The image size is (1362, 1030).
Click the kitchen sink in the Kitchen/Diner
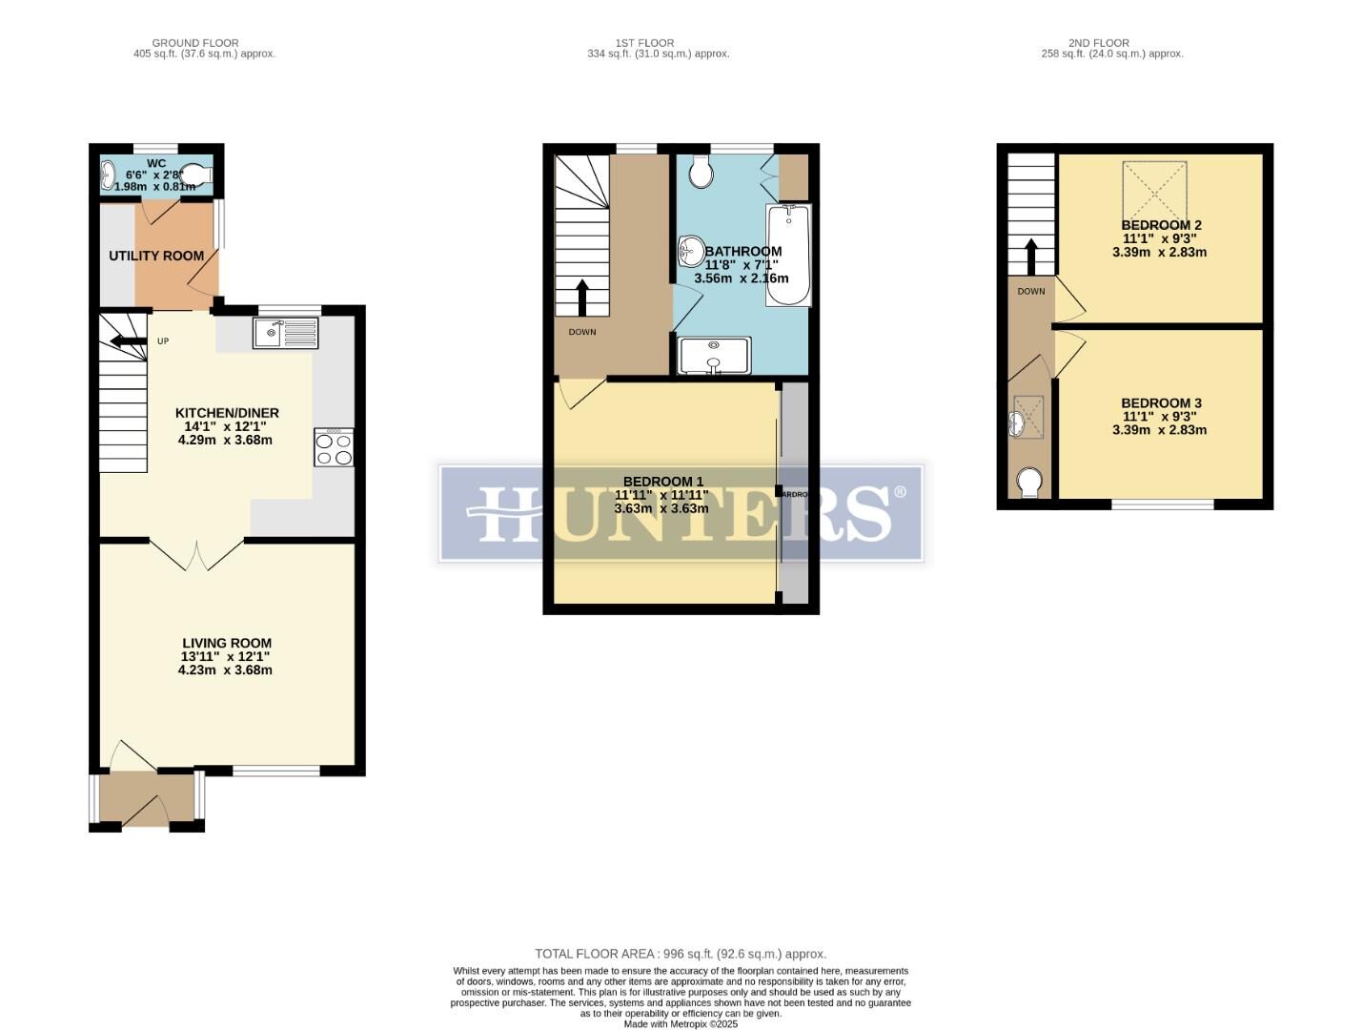point(285,333)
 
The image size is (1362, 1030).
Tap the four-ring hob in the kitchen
point(334,447)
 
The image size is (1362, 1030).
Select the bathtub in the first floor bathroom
point(787,255)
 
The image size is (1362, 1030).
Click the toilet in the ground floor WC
point(195,174)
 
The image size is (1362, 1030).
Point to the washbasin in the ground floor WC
point(108,174)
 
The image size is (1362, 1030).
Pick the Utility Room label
point(156,256)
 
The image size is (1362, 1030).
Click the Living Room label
point(227,644)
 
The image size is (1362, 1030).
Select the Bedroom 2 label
point(1161,225)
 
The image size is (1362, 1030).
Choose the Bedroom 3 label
point(1161,403)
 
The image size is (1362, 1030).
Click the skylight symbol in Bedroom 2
point(1155,191)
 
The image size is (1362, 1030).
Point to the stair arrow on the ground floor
point(125,340)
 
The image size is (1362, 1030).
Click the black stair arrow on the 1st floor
point(581,298)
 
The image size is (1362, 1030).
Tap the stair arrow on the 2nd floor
point(1030,256)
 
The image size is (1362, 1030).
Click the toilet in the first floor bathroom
point(701,172)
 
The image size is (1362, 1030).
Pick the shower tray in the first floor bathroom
point(715,356)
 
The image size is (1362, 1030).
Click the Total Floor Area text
point(681,954)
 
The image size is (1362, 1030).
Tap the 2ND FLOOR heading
point(1098,43)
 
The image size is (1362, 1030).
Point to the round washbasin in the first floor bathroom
point(690,252)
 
